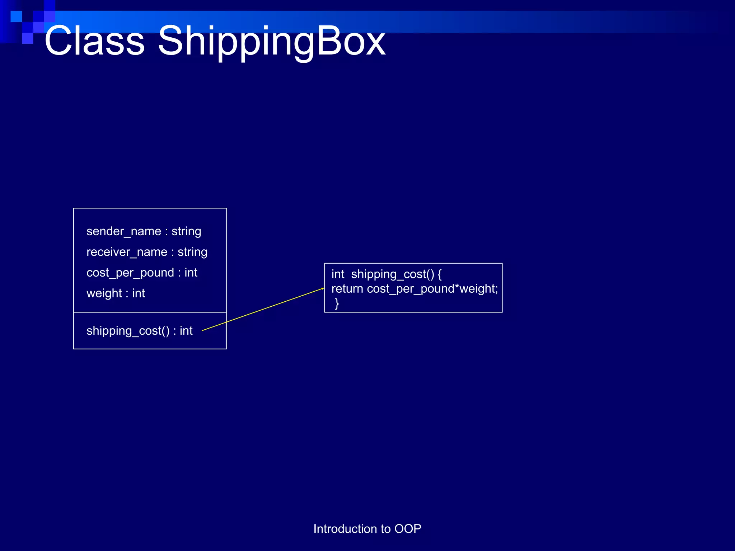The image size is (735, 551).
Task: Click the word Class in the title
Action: click(x=94, y=41)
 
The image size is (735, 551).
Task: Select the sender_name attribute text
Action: click(x=123, y=231)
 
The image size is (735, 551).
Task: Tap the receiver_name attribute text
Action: click(x=127, y=252)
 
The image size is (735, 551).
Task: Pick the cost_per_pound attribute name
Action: click(x=130, y=273)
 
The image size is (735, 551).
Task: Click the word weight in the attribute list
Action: click(x=104, y=293)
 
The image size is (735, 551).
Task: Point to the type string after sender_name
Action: click(x=186, y=231)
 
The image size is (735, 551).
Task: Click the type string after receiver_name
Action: click(x=192, y=252)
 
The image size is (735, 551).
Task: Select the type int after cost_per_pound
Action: click(x=191, y=273)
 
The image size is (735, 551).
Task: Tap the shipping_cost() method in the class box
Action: click(x=128, y=331)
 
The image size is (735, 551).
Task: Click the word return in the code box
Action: click(x=347, y=289)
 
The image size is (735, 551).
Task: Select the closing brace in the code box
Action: click(x=337, y=303)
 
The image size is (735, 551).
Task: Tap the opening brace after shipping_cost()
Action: click(x=440, y=274)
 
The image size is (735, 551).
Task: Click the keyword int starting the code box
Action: click(x=338, y=274)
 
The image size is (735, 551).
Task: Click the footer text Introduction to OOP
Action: click(x=367, y=529)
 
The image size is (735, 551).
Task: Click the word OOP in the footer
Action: click(x=408, y=529)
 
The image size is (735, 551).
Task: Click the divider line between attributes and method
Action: click(x=150, y=312)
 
